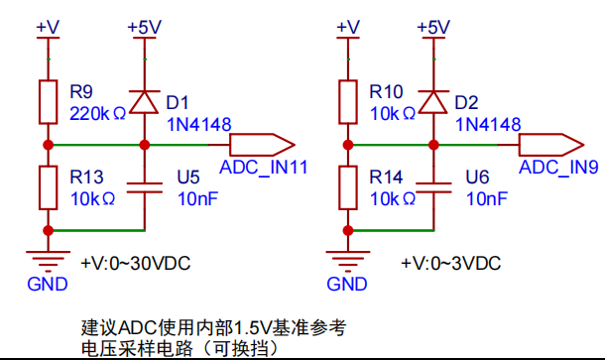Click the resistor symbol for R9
49,102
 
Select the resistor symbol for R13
49,187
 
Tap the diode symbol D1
144,102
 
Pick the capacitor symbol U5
145,187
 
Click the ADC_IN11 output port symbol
263,145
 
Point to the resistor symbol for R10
348,102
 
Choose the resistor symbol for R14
348,187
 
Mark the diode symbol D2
433,102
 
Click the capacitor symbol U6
433,187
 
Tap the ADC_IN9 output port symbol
551,145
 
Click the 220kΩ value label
97,114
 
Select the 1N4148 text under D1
198,125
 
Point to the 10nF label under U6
487,199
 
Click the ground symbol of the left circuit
49,259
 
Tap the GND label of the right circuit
347,285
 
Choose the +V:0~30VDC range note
136,264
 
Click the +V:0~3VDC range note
450,264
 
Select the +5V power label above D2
433,28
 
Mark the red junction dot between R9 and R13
49,145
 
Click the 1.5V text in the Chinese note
249,328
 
